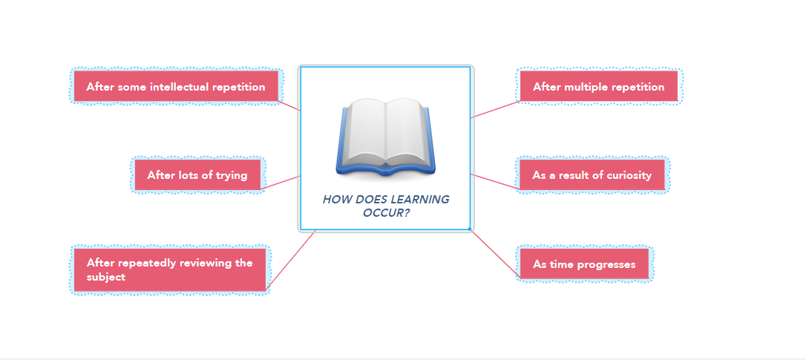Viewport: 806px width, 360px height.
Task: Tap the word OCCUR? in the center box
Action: tap(386, 213)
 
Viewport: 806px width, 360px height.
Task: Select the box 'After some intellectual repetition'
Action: tap(176, 87)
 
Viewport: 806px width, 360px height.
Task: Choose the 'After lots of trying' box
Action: tap(197, 175)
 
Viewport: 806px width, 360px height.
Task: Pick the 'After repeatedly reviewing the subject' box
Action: tap(170, 269)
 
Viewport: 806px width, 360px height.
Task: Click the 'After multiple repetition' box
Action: tap(598, 87)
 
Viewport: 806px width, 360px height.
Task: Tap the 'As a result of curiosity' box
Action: tap(592, 175)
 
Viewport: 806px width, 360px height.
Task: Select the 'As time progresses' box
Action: tap(584, 264)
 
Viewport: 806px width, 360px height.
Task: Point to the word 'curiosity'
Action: tap(627, 175)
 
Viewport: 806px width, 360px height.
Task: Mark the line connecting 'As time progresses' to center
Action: tap(494, 254)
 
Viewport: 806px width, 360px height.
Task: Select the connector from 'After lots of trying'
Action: tap(282, 182)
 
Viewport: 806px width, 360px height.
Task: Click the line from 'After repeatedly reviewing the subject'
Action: tap(291, 259)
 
